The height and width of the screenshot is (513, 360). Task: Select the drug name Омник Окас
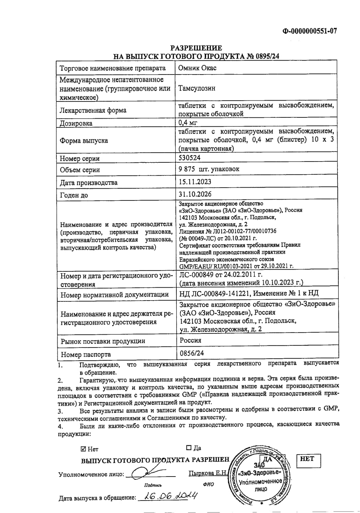coord(198,68)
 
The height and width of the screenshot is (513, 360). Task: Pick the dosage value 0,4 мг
coord(188,123)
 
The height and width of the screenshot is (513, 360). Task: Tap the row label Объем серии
coord(80,170)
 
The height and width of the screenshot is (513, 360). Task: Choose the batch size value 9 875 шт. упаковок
coord(209,169)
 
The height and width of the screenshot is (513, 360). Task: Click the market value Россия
coord(190,340)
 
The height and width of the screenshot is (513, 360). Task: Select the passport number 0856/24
coord(191,353)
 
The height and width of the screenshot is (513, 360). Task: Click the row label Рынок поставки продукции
coord(103,341)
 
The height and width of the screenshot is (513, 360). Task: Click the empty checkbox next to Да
coord(189,448)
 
